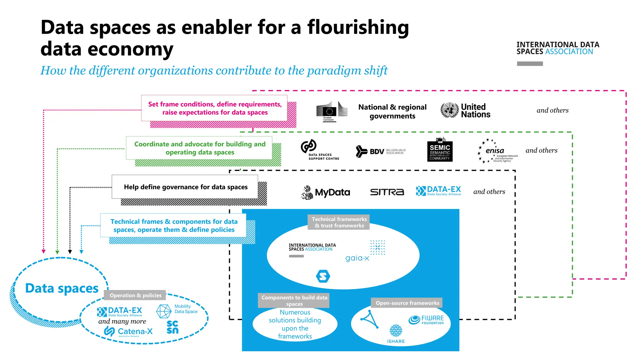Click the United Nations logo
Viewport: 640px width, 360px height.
coord(465,111)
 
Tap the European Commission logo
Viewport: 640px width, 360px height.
coord(331,111)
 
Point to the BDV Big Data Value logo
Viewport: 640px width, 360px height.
coord(380,152)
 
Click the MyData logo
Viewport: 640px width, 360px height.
coord(326,192)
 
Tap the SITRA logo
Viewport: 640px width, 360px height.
coord(387,192)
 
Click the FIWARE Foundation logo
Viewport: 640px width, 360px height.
coord(426,320)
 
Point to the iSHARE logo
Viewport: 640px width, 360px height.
coord(396,334)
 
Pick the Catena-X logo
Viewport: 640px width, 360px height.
coord(128,331)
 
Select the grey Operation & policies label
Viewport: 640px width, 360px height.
coord(135,295)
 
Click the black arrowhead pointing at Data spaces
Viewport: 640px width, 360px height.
coord(70,252)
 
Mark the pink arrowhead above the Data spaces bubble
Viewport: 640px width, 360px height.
coord(43,252)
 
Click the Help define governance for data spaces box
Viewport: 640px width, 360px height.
coord(185,187)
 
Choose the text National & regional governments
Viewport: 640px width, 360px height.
coord(392,112)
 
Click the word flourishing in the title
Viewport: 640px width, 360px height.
coord(358,27)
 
